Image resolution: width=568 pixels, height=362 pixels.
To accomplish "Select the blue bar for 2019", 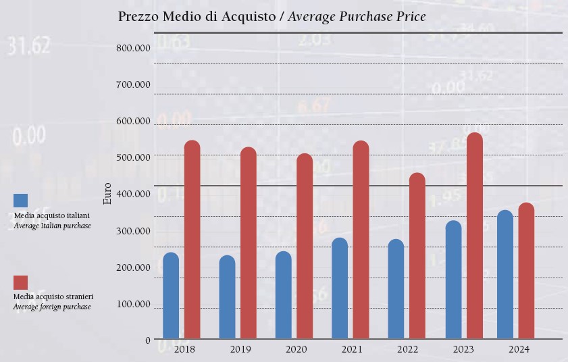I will point(228,297).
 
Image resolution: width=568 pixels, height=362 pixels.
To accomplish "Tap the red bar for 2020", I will point(305,247).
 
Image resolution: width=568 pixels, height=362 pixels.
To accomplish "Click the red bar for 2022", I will point(417,256).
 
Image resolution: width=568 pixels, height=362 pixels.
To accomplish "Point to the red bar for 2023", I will point(475,236).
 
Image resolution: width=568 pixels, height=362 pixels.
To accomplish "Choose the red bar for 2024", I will point(526,271).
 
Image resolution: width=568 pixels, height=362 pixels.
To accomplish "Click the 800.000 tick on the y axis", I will point(133,48).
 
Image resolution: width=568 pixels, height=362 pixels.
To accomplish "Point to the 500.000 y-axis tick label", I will point(133,157).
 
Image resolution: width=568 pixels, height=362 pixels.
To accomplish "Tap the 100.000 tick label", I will point(133,304).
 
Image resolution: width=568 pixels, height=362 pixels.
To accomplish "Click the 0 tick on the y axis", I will point(148,340).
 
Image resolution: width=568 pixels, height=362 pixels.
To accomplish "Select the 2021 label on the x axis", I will point(352,350).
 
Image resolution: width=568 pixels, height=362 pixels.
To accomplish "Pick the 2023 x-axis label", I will point(463,350).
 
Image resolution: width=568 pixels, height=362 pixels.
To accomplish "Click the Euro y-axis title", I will point(107,193).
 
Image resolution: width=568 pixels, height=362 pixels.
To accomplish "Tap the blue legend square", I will point(20,201).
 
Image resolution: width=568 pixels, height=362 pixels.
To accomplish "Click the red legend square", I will point(20,282).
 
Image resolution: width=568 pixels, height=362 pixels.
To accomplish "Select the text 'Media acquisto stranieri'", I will point(53,296).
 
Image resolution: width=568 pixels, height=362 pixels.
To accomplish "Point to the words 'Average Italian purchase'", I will point(52,226).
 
